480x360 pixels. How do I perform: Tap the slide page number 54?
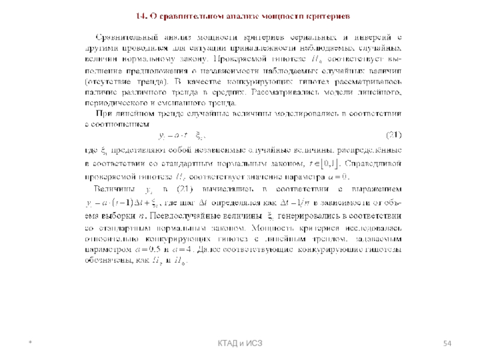[x=447, y=343]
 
